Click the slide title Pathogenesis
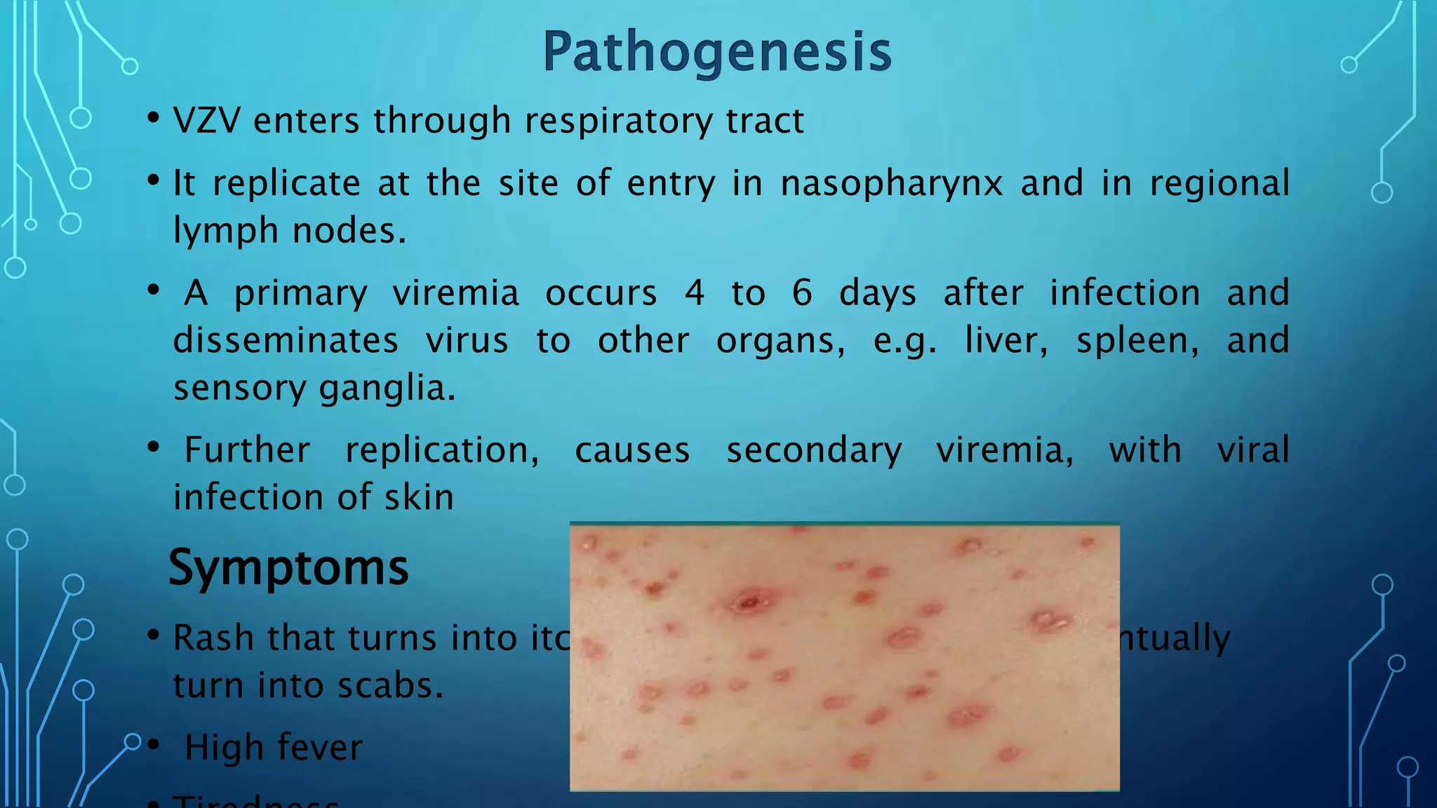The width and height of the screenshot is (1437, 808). coord(717,52)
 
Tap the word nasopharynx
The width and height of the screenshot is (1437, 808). coord(892,184)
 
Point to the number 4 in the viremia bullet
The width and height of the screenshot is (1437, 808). coord(695,293)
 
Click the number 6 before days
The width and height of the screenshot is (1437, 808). coord(802,293)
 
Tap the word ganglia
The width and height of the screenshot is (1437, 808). coord(387,389)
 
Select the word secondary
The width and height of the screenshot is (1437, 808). coord(814,450)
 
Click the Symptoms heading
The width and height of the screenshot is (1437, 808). coord(288,567)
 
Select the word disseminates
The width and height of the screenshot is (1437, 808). coord(286,341)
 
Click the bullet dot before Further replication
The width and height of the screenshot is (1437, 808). coord(154,447)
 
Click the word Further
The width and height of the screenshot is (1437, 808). coord(247,450)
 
